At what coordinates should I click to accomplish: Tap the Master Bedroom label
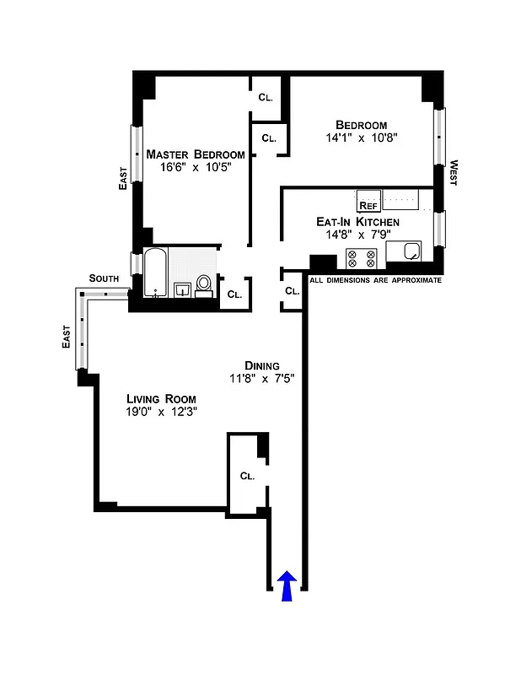[x=196, y=154]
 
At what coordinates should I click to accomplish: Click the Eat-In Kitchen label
[x=357, y=222]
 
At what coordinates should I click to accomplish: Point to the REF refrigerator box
[x=368, y=204]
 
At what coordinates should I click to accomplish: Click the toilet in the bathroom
[x=203, y=285]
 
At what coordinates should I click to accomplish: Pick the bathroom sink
[x=182, y=290]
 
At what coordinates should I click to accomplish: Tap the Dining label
[x=262, y=365]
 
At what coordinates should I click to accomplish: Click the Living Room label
[x=161, y=399]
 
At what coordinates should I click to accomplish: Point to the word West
[x=453, y=173]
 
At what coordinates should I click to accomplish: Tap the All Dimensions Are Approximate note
[x=376, y=280]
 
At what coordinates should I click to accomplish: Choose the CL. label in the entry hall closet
[x=247, y=476]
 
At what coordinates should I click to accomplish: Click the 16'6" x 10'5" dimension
[x=196, y=167]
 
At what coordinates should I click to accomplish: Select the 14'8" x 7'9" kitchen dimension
[x=357, y=235]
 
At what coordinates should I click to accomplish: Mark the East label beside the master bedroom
[x=123, y=176]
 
